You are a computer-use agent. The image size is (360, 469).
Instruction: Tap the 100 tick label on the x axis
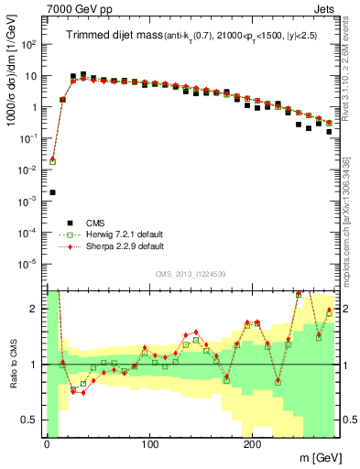coord(148,444)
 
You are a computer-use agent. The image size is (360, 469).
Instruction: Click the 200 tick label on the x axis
coord(252,444)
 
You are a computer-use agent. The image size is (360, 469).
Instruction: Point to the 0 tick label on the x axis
coord(47,444)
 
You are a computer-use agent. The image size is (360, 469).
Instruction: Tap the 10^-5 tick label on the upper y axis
coord(30,264)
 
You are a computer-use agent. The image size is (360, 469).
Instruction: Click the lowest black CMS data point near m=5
coord(52,192)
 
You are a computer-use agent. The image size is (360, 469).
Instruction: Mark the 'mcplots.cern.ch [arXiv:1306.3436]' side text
coord(351,215)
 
